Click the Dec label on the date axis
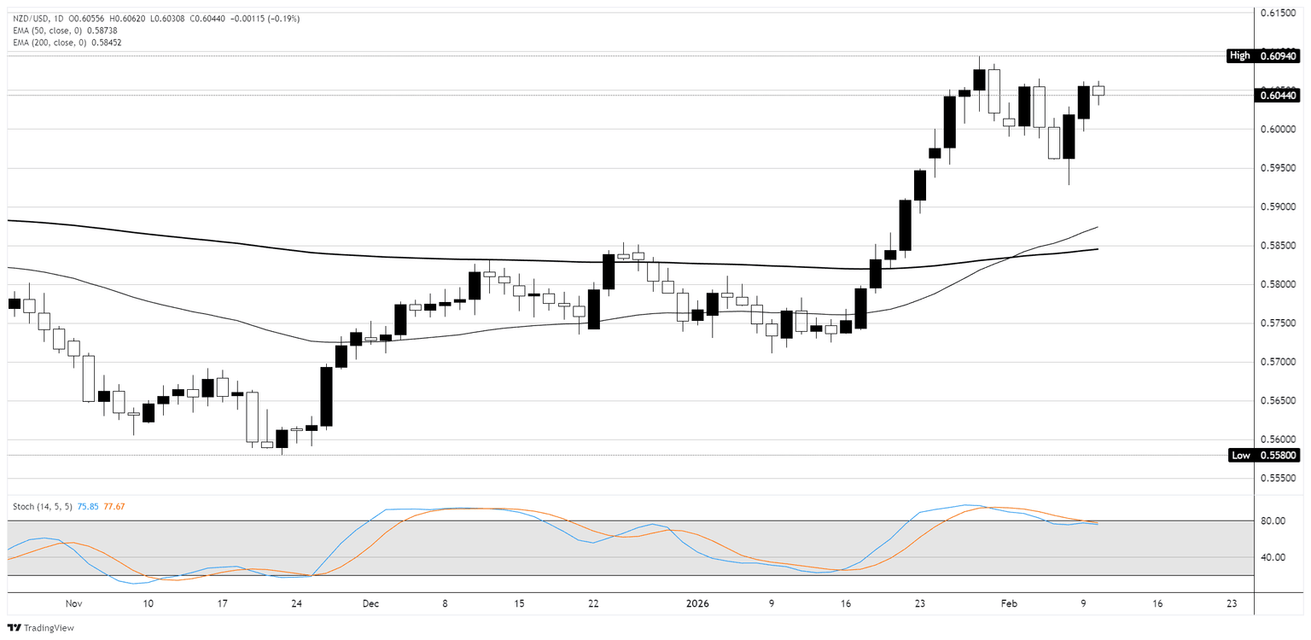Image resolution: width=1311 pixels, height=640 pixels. point(370,603)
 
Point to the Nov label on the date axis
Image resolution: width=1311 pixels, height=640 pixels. point(73,603)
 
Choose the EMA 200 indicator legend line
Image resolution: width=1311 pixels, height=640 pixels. point(67,42)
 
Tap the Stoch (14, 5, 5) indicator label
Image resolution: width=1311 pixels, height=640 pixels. point(43,506)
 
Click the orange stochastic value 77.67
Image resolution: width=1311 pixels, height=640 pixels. point(114,506)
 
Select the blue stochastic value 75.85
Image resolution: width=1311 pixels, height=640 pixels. point(88,506)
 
